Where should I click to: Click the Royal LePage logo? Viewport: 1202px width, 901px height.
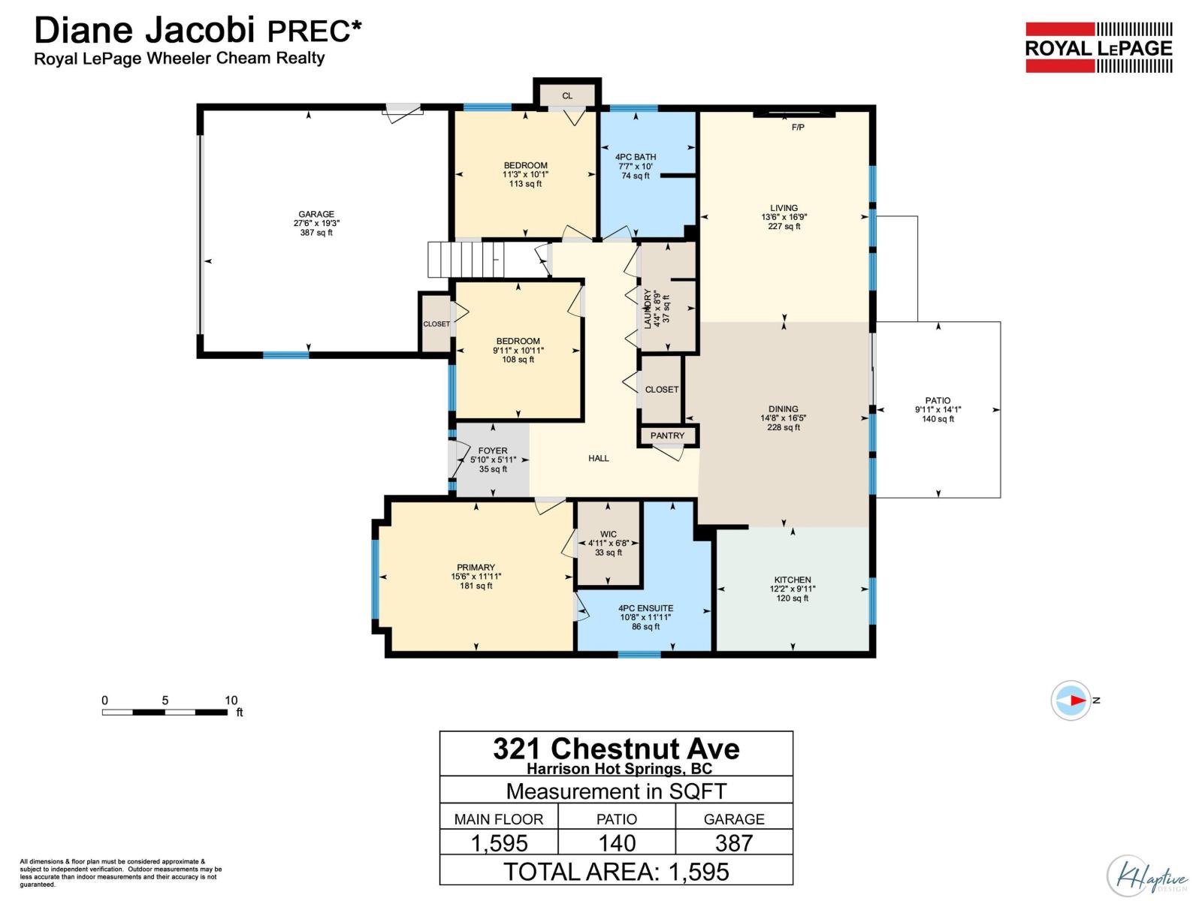point(1098,48)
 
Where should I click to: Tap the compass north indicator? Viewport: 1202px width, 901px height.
point(1071,700)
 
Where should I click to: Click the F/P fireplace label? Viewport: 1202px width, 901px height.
point(798,128)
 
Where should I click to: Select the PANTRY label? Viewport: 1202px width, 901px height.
point(667,435)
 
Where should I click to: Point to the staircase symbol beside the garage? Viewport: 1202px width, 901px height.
point(465,259)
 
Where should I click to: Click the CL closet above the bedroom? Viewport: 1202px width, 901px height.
point(567,95)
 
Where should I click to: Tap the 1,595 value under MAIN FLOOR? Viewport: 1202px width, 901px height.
point(499,842)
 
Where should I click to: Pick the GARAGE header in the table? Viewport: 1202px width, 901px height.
point(733,819)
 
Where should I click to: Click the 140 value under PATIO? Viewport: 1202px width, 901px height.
point(617,842)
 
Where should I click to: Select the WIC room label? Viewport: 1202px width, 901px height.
point(609,534)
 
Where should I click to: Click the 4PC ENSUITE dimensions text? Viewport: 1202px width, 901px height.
point(645,617)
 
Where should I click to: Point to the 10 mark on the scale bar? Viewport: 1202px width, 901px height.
point(231,700)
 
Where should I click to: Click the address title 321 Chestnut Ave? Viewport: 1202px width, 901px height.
point(616,749)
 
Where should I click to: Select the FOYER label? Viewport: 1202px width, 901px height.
point(493,450)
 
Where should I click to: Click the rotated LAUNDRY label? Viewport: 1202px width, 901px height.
point(648,309)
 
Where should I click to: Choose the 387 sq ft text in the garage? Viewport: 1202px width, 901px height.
point(316,233)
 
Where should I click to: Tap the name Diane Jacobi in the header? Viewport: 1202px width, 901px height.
point(147,30)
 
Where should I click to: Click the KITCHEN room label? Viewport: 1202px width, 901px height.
point(793,580)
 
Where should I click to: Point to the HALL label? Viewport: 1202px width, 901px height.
point(599,458)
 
